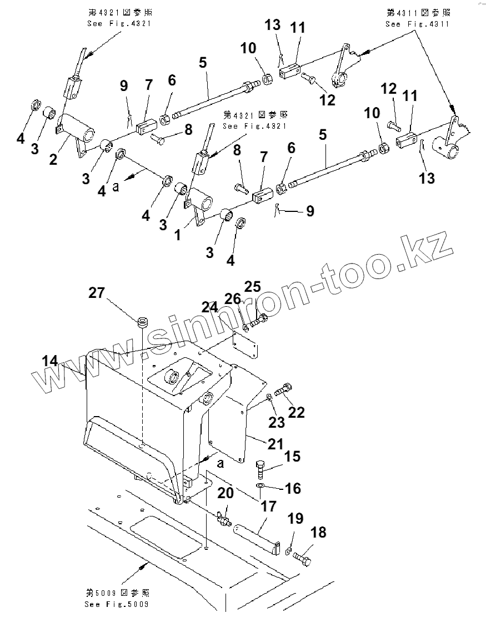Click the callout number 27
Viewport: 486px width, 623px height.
97,292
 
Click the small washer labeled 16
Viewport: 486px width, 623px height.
260,487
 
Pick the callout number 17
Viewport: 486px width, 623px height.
268,506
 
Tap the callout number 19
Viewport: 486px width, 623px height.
295,519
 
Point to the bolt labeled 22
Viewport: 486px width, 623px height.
284,390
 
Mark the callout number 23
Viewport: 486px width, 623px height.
277,422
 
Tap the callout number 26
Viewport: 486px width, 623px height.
233,300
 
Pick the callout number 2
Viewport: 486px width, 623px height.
53,160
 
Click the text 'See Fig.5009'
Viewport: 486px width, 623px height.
117,604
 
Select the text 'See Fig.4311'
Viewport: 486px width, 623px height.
418,24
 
